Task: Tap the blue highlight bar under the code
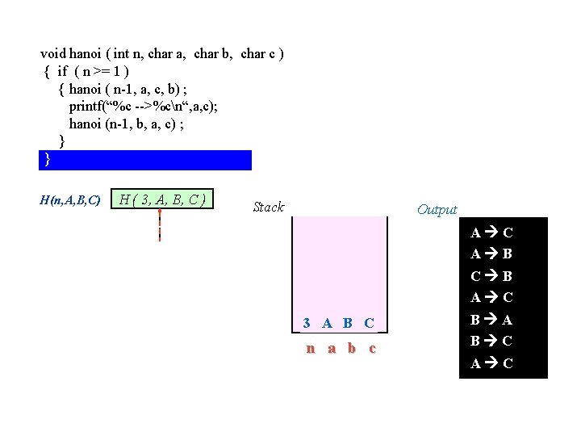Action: [145, 160]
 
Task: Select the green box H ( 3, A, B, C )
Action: [162, 199]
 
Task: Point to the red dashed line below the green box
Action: [160, 225]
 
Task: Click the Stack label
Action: [268, 208]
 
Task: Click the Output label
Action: [437, 210]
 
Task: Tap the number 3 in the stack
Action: [307, 323]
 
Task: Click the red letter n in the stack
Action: [310, 349]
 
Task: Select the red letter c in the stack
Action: [371, 349]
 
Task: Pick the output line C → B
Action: [491, 276]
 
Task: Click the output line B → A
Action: [491, 320]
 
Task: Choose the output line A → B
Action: [491, 254]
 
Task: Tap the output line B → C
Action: [491, 342]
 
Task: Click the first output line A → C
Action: [491, 233]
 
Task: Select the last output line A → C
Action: [491, 363]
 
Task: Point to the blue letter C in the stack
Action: [369, 323]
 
